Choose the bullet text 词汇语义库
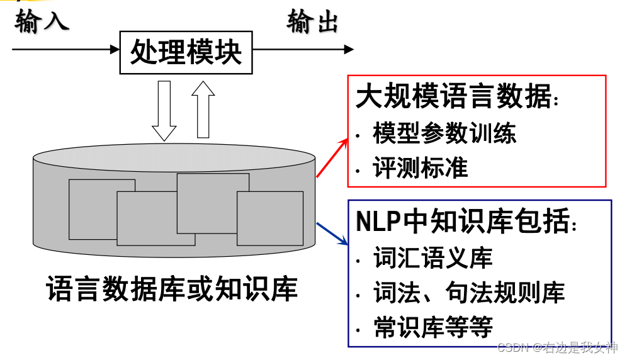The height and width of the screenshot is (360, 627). click(432, 258)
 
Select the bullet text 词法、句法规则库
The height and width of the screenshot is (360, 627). click(469, 292)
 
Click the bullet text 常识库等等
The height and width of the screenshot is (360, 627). click(433, 327)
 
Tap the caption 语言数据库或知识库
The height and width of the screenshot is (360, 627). click(172, 290)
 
